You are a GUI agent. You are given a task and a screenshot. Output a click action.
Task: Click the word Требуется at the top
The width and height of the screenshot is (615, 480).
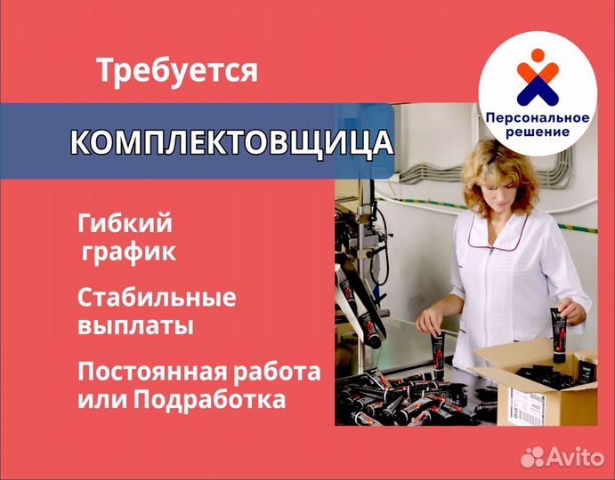tap(177, 71)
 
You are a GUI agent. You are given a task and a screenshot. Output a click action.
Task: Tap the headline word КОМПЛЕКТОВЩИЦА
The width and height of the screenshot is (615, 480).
tap(231, 142)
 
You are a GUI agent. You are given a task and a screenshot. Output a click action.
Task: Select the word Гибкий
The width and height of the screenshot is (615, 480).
tap(125, 223)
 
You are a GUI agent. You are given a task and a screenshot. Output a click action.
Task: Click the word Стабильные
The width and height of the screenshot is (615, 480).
tap(157, 297)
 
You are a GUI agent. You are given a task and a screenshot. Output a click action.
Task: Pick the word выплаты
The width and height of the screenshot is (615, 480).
tap(135, 326)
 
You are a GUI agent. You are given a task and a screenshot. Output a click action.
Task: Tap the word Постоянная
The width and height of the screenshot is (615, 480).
tap(150, 372)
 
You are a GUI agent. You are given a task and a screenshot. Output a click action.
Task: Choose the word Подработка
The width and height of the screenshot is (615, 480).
tap(209, 400)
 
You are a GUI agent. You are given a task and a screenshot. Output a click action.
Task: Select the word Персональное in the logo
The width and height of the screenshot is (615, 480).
tap(538, 118)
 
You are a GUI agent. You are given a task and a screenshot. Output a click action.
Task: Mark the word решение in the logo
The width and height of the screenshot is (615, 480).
tap(538, 132)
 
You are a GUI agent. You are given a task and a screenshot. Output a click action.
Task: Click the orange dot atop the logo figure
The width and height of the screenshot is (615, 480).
tap(538, 55)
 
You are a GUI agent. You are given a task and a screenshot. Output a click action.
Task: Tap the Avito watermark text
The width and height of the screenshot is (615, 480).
tap(575, 457)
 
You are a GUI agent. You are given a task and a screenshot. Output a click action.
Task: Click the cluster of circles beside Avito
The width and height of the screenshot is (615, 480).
tap(532, 457)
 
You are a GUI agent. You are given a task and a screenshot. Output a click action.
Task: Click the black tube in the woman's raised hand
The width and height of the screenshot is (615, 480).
tap(559, 334)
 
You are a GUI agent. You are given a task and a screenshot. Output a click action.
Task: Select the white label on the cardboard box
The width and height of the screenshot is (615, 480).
tap(526, 406)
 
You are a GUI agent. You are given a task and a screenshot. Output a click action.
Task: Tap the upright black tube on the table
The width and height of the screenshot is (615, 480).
tap(438, 355)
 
